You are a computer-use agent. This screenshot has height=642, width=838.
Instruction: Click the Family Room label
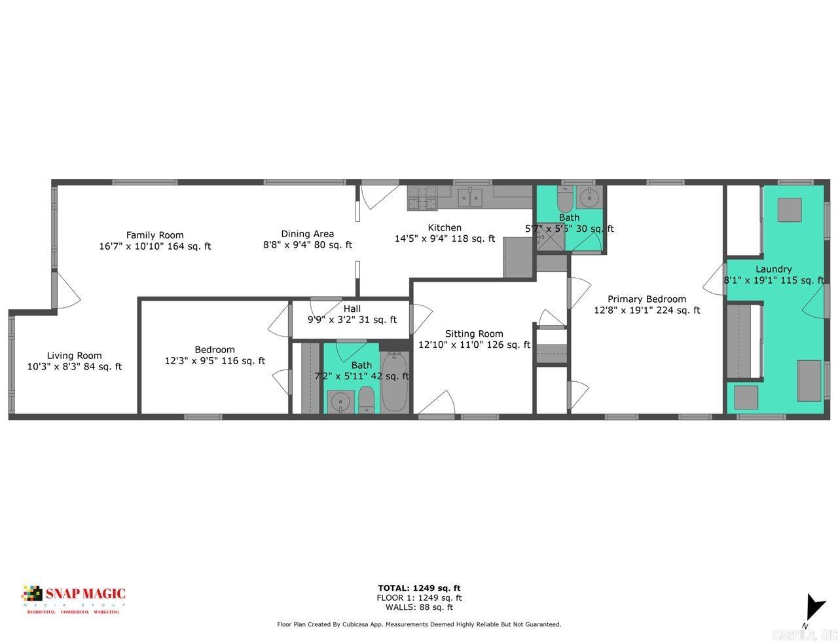155,235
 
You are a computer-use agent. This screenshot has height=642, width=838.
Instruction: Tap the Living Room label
74,356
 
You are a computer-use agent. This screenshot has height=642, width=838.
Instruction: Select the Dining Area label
307,233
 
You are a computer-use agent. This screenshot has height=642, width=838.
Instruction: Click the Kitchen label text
445,227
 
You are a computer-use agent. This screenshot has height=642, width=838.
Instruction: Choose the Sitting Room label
474,333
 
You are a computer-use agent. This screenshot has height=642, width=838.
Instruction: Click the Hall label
352,309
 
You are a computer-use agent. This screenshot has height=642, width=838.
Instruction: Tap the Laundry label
773,269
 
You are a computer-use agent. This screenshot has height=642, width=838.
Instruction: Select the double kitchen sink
470,196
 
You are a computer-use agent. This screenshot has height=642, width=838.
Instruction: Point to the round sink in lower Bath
339,401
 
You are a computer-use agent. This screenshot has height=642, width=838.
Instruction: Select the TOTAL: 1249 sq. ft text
419,588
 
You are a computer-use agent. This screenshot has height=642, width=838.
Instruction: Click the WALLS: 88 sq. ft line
419,607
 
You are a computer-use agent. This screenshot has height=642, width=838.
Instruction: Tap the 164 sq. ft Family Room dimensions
155,246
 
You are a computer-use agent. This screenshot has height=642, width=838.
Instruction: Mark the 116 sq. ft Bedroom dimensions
215,360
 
